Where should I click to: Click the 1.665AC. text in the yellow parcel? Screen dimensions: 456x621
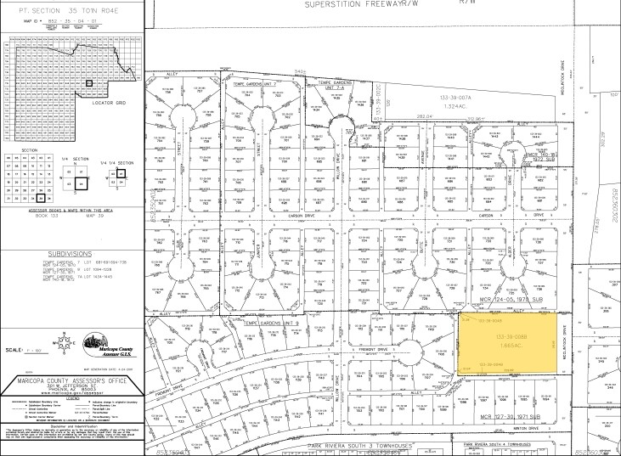coord(511,345)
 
